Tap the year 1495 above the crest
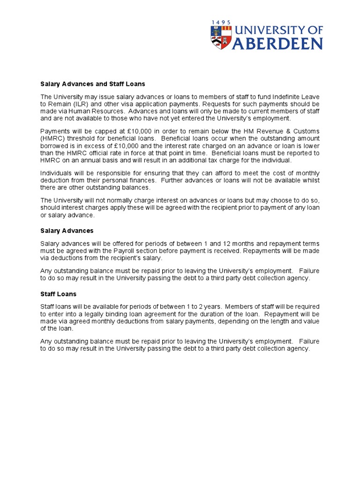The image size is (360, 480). pyautogui.click(x=221, y=22)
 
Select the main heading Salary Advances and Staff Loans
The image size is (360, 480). pyautogui.click(x=93, y=84)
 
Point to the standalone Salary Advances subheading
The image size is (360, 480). pyautogui.click(x=67, y=231)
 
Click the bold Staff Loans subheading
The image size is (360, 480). pyautogui.click(x=59, y=294)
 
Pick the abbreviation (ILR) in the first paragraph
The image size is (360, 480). pyautogui.click(x=81, y=104)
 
